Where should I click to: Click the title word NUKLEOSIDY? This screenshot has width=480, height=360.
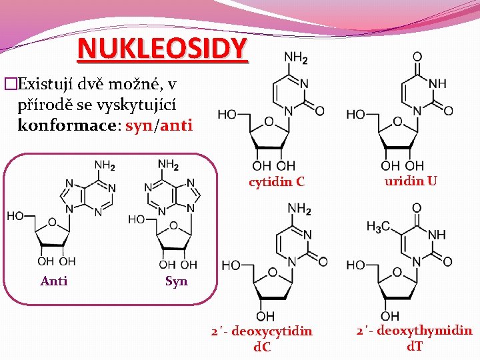[x=162, y=49]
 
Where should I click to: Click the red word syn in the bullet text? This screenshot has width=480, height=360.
[x=138, y=125]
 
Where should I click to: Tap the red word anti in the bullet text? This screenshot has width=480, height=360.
[x=176, y=125]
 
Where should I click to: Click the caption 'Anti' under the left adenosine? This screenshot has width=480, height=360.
[x=54, y=281]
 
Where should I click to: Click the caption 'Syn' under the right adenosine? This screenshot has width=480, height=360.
[x=176, y=281]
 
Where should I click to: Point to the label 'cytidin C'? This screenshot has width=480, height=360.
[x=277, y=181]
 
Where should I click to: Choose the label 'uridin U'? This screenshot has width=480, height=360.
[x=411, y=180]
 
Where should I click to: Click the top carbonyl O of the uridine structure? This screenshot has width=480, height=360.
[x=417, y=57]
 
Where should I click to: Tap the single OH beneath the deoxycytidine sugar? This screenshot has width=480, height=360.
[x=265, y=315]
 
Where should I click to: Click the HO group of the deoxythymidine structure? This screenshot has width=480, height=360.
[x=355, y=265]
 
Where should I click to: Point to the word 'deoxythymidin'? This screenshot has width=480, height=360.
[x=423, y=331]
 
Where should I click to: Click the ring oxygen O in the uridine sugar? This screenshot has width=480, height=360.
[x=397, y=122]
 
